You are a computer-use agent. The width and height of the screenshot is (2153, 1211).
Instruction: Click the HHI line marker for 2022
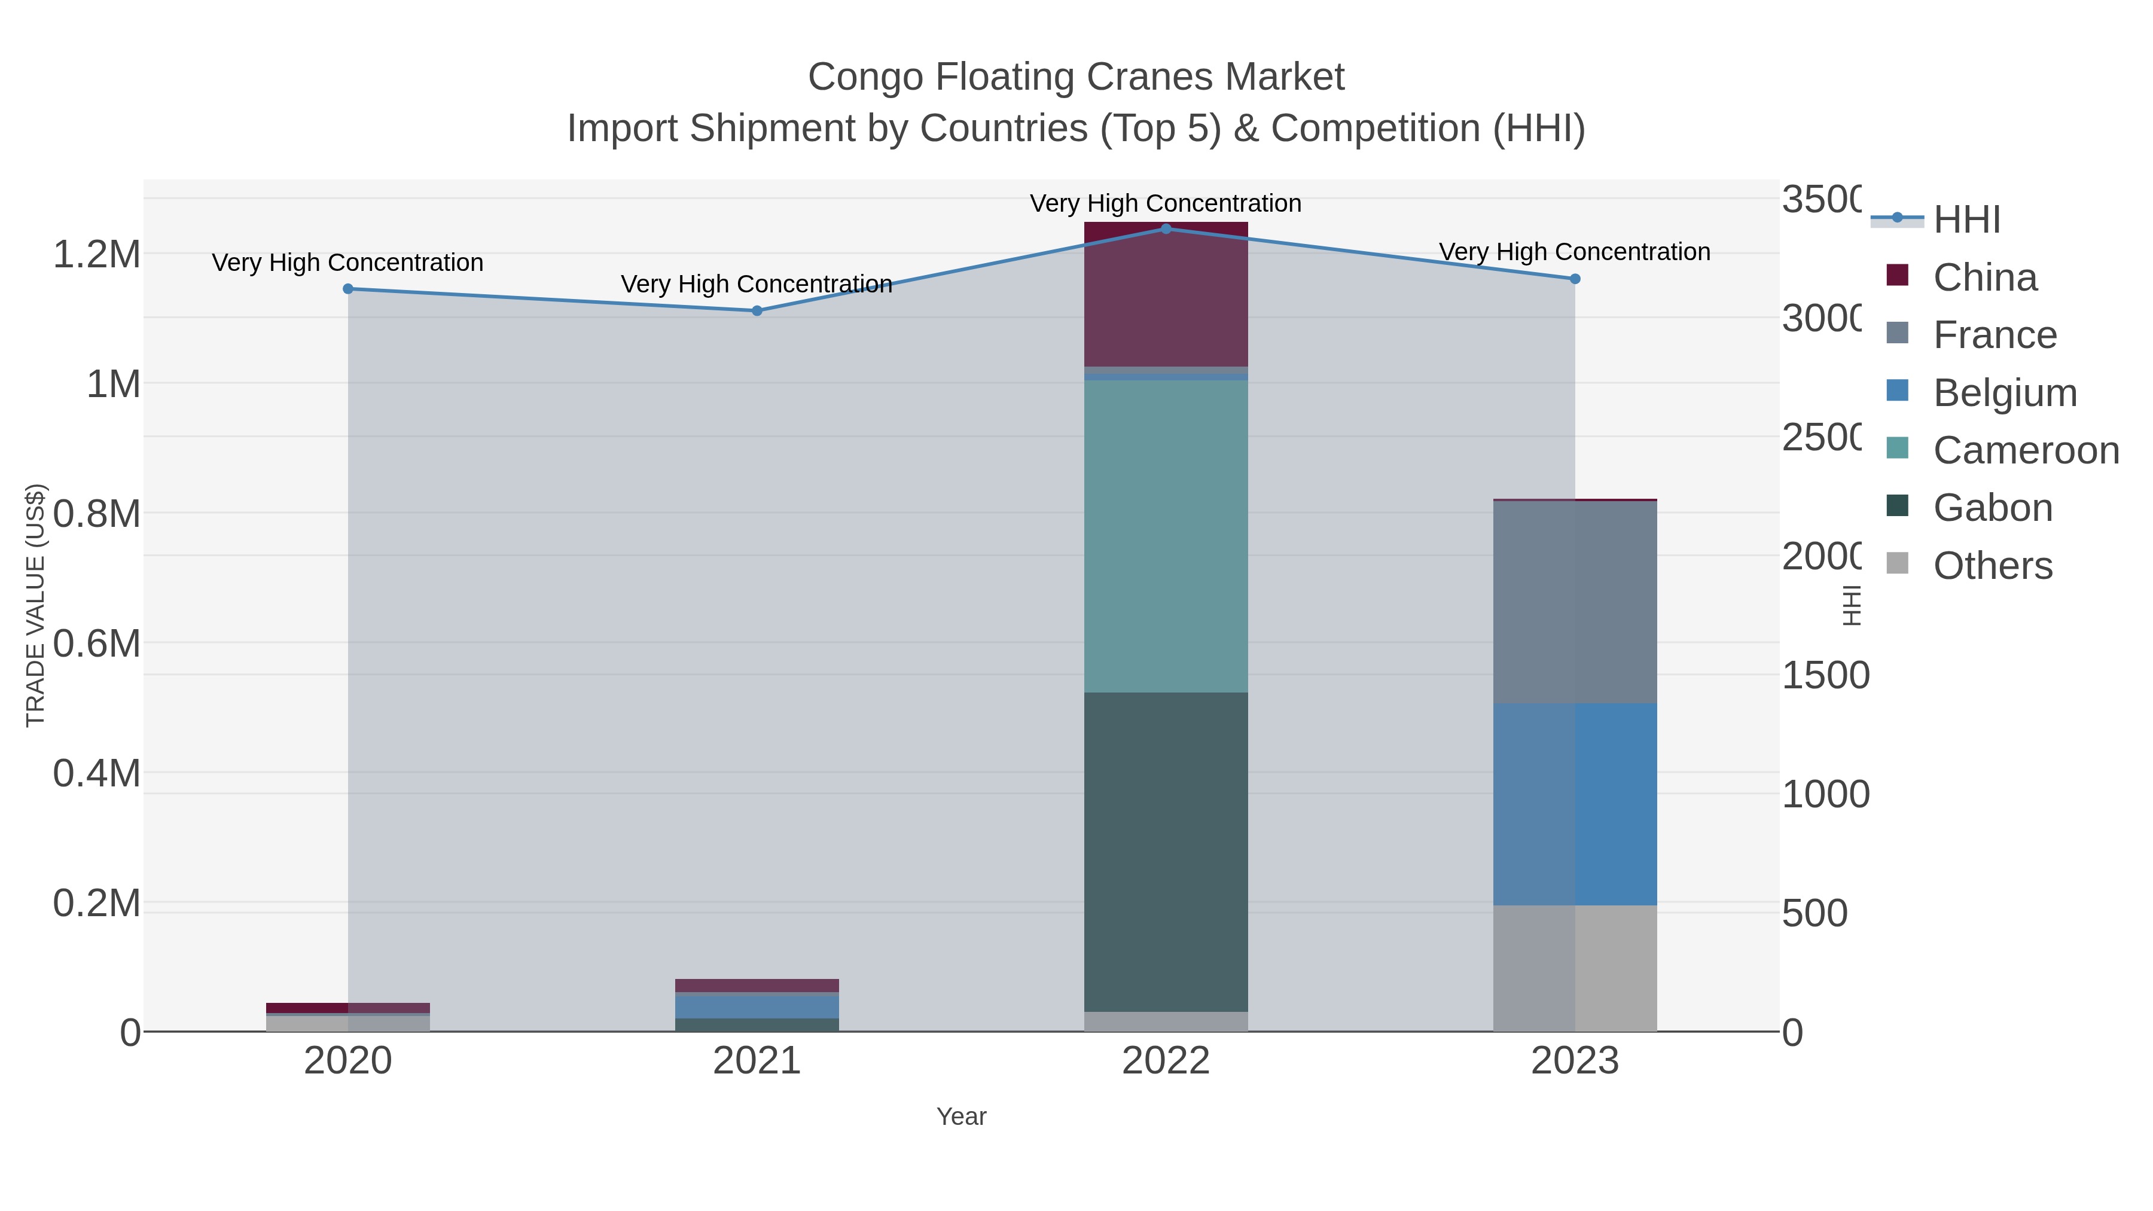click(1166, 228)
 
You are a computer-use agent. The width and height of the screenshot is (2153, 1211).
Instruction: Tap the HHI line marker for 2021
click(757, 311)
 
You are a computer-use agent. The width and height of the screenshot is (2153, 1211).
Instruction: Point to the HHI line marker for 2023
click(1575, 279)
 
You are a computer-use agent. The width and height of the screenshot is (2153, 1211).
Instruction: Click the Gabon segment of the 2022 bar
click(1166, 852)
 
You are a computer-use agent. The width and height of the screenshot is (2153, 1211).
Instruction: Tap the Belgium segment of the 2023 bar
click(1575, 804)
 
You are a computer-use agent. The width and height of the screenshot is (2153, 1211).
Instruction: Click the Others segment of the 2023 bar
click(1575, 969)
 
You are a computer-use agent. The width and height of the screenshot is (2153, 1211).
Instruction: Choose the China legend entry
click(1985, 277)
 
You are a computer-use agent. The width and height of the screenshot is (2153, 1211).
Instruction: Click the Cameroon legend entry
click(2025, 450)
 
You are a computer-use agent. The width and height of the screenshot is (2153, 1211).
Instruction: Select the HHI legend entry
click(1966, 220)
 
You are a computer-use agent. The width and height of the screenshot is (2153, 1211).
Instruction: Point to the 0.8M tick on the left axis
click(97, 514)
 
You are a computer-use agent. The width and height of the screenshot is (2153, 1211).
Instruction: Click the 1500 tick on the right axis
click(1825, 675)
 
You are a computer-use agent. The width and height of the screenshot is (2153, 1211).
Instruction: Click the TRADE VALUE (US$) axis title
click(35, 605)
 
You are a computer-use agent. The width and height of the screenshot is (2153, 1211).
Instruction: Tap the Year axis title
click(961, 1117)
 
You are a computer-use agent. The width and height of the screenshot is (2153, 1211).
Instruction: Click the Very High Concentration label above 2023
click(1575, 252)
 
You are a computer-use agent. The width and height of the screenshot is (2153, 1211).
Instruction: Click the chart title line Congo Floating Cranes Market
click(1076, 77)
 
